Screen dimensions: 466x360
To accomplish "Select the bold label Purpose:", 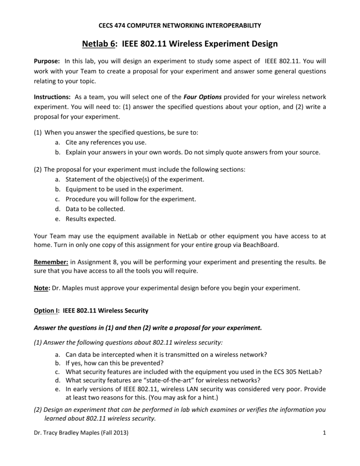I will click(47, 61).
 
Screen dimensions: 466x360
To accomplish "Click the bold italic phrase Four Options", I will click(203, 97).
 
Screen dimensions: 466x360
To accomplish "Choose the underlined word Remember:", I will click(51, 262).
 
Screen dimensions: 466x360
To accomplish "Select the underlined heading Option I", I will click(47, 311).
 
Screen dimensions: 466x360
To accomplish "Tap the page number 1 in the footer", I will click(324, 433).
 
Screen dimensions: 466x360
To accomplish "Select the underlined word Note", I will click(42, 288).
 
